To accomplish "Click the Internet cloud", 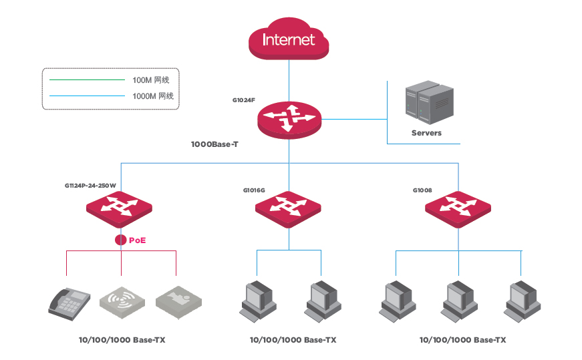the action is [289, 38].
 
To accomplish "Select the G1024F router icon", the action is [289, 120].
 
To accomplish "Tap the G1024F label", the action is [243, 100].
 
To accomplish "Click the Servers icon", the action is [430, 102].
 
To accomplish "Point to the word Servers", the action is [426, 133].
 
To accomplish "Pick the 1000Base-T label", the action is [214, 144].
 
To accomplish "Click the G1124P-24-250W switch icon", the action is [119, 209].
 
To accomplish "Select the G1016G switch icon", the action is [288, 209].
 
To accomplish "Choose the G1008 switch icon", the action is [458, 209].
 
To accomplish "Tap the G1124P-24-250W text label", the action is [90, 186].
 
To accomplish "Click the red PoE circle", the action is [121, 240].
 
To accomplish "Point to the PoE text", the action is [138, 240].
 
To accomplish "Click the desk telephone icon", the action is [69, 304].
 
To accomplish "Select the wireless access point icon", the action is [122, 302].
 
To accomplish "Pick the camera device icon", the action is [178, 302].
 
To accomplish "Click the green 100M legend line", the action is [88, 79].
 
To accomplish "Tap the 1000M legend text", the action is [153, 96].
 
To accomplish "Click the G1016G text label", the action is [254, 190].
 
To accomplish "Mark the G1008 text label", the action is [422, 190].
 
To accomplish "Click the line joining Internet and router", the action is [289, 81].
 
